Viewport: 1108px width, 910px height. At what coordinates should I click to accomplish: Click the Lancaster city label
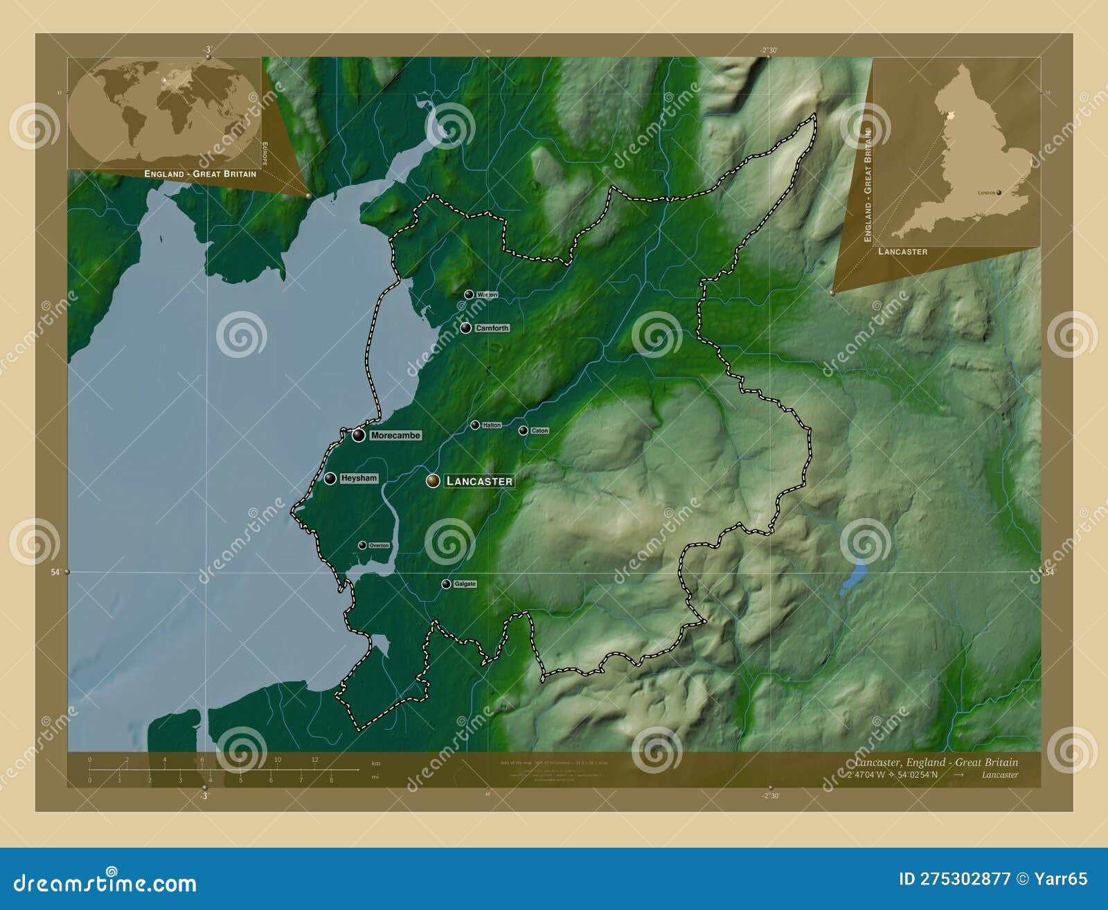[479, 481]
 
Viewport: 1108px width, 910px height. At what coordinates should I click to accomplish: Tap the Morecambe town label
[395, 436]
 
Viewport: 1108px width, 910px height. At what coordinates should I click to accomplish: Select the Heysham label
[359, 478]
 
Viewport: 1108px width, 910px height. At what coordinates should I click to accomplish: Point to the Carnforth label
[492, 328]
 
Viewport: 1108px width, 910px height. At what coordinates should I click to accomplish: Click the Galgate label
[465, 584]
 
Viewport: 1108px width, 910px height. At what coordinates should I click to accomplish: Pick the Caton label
[539, 431]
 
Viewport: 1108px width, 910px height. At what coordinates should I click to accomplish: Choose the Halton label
[491, 425]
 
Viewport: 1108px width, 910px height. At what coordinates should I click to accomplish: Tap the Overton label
[379, 546]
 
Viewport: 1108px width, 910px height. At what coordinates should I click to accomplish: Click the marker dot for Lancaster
[433, 481]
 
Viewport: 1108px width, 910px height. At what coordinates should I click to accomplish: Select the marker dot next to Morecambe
[359, 435]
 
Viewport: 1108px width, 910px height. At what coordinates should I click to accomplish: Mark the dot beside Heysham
[330, 478]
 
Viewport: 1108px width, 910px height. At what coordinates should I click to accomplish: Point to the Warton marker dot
[469, 294]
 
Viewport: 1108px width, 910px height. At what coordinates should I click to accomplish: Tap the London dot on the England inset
[999, 193]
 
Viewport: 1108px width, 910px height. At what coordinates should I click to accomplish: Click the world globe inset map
[164, 111]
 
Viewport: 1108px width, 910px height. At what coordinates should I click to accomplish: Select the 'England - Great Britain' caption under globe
[200, 174]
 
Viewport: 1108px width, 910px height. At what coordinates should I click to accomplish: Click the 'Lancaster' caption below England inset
[902, 251]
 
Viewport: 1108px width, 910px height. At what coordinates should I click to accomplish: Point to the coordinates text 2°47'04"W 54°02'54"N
[892, 774]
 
